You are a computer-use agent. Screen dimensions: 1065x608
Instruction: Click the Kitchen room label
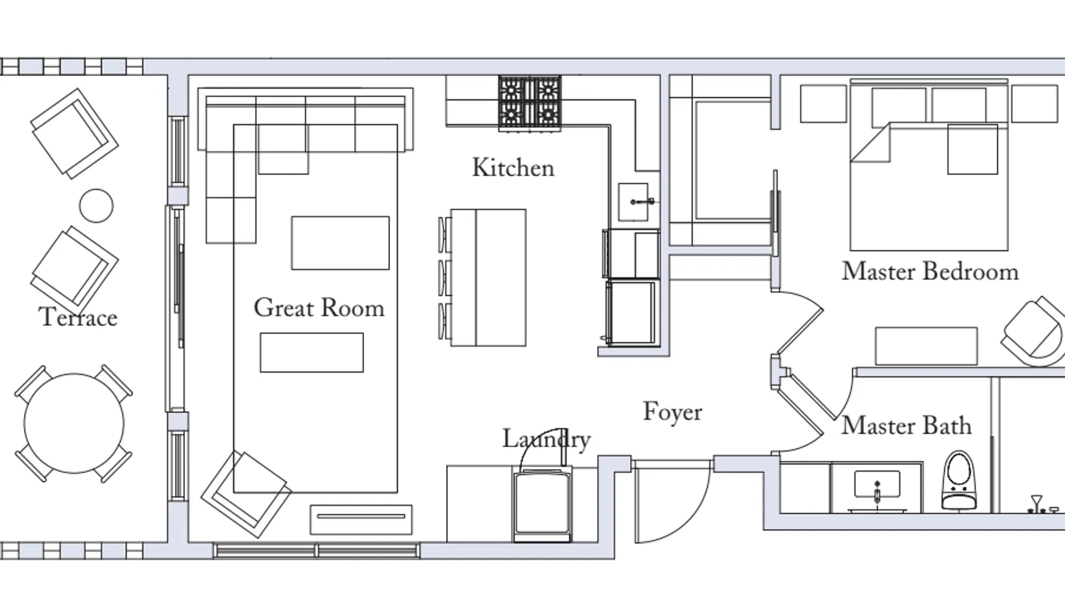(x=513, y=168)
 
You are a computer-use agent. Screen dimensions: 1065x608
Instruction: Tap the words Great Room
(x=319, y=308)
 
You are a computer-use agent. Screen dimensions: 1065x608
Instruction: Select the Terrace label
(x=78, y=317)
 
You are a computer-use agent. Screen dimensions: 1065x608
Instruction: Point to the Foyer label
(x=672, y=411)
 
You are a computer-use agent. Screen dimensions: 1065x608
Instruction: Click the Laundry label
(x=546, y=439)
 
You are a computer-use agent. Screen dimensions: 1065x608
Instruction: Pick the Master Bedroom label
(x=930, y=271)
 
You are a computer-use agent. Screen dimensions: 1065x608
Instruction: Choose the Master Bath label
(x=906, y=425)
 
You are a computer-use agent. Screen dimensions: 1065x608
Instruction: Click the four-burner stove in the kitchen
(x=530, y=103)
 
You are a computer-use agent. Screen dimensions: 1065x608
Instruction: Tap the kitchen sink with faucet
(x=633, y=202)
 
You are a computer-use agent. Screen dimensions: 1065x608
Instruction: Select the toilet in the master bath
(x=959, y=481)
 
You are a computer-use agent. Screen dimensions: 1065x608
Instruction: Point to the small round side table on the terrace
(x=96, y=206)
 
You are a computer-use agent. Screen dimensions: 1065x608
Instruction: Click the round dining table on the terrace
(x=74, y=423)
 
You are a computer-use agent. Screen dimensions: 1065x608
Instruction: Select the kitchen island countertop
(x=489, y=277)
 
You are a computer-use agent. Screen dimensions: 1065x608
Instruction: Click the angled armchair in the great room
(x=246, y=494)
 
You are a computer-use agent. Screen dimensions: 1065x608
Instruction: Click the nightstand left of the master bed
(x=823, y=104)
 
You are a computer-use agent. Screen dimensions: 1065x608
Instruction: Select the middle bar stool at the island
(x=445, y=278)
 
